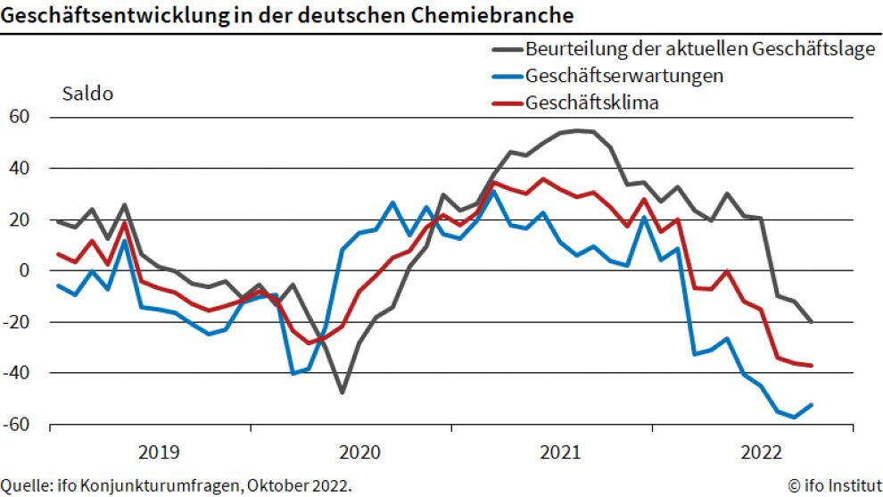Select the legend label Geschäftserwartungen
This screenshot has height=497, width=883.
click(x=624, y=75)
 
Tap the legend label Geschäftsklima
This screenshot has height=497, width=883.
click(x=592, y=102)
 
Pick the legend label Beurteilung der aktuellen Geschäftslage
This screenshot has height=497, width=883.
click(x=700, y=48)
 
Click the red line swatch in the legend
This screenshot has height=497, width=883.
click(x=506, y=103)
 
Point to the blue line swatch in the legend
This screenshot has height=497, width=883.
click(x=506, y=76)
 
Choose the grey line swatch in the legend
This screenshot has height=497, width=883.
click(x=506, y=49)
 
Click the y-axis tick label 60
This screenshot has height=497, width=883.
click(x=20, y=117)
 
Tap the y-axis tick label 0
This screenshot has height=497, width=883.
click(x=26, y=270)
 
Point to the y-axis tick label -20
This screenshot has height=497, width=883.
click(x=17, y=322)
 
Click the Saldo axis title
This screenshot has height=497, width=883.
click(x=87, y=93)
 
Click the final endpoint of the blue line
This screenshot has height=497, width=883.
click(x=811, y=404)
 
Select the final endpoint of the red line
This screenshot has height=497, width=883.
click(x=811, y=365)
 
